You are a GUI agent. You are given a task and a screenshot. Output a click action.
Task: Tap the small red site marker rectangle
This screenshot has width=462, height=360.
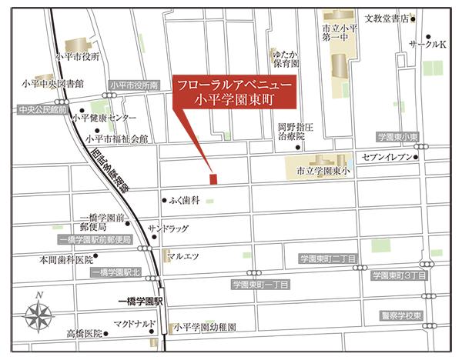click(213, 179)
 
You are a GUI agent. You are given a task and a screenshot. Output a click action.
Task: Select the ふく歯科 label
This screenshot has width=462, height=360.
click(185, 200)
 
